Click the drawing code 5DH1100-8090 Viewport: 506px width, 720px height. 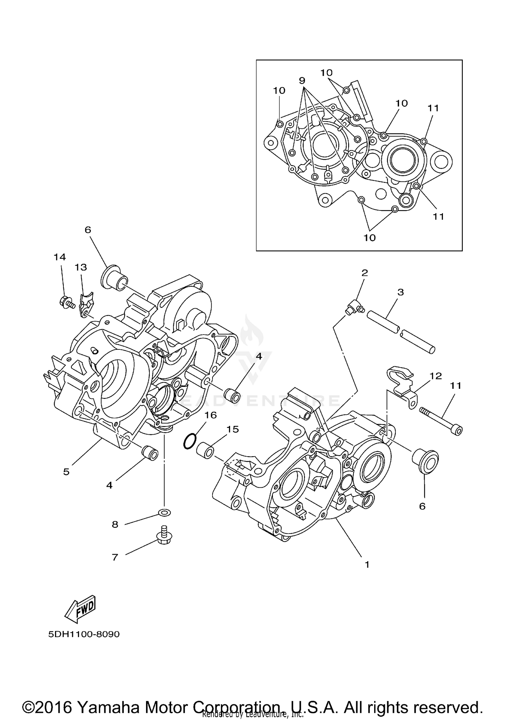click(x=84, y=634)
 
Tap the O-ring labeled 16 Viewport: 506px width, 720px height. click(x=190, y=441)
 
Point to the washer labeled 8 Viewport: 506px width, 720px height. click(x=164, y=513)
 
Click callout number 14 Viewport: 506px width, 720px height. click(x=60, y=257)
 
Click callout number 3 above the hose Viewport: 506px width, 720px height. click(x=400, y=292)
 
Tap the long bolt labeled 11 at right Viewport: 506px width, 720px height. click(x=441, y=421)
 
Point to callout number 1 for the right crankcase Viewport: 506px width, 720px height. click(x=367, y=564)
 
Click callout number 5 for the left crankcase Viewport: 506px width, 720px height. click(x=66, y=471)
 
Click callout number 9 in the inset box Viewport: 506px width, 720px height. click(x=302, y=80)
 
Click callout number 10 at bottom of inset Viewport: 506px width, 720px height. click(x=369, y=238)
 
